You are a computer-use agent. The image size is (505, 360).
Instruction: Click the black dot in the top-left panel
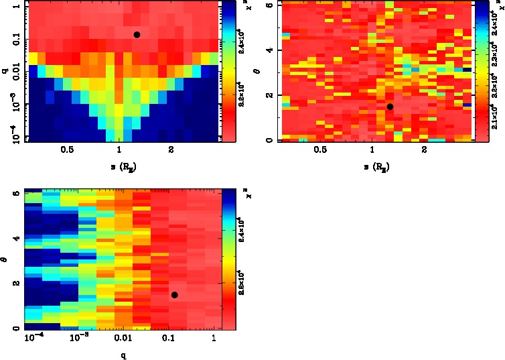(137, 35)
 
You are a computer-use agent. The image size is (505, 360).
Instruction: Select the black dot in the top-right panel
(390, 107)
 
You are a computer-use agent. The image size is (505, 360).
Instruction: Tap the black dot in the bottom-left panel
(174, 295)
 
